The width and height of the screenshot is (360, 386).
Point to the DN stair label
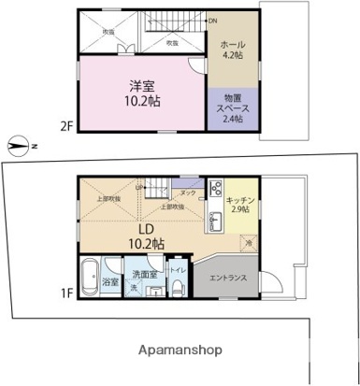point(212,21)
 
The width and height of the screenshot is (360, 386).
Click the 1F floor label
point(65,292)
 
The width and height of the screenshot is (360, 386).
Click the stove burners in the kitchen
point(215,188)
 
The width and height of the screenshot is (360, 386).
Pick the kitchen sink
point(215,222)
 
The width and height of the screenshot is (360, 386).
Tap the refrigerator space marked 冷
point(249,243)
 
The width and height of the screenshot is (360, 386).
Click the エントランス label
point(227,278)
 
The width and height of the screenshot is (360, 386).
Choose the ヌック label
point(187,193)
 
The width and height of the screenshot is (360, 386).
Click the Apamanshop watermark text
point(180,350)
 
